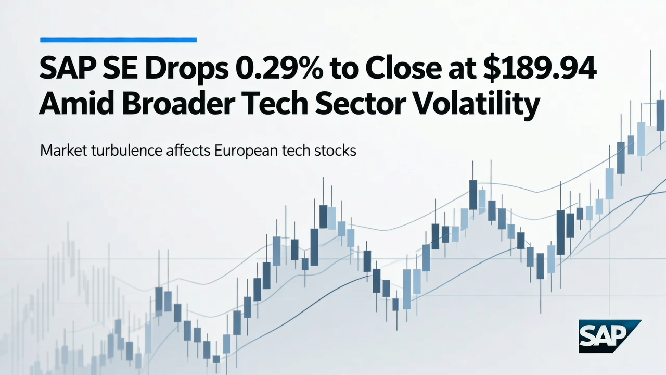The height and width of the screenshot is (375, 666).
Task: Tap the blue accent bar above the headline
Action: [x=118, y=40]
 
